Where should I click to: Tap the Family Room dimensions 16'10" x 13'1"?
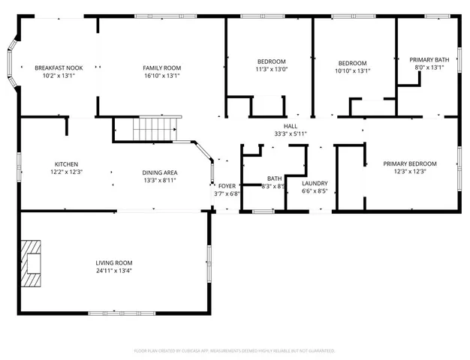click(162, 76)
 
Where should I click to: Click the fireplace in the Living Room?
click(32, 262)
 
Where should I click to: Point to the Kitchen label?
click(66, 164)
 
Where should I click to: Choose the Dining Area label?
click(160, 172)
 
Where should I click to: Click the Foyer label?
click(226, 186)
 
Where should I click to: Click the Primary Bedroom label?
click(409, 163)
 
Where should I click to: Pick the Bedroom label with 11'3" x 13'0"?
click(272, 61)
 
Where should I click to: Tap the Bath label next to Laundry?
click(273, 178)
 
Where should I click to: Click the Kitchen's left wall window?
click(20, 163)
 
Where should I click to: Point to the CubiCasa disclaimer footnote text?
click(234, 350)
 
